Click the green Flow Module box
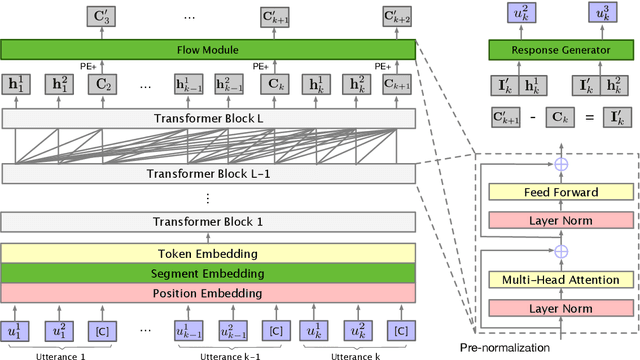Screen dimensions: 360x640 (x=208, y=49)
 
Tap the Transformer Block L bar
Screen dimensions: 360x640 (x=208, y=119)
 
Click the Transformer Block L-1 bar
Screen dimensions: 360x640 (x=208, y=173)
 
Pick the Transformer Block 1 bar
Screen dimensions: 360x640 (x=208, y=222)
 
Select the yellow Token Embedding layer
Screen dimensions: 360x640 (x=208, y=253)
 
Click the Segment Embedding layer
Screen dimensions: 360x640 (x=208, y=273)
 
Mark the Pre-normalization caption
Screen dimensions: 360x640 (x=506, y=346)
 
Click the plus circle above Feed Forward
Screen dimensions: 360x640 (x=562, y=163)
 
